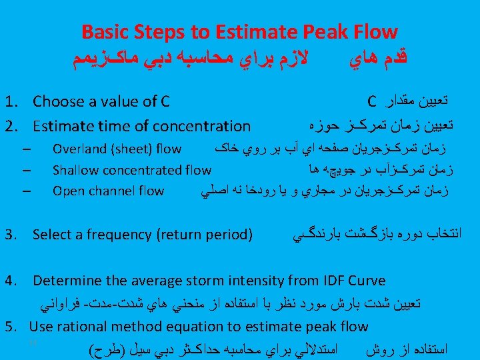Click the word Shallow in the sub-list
tap(75, 170)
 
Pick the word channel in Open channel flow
tap(107, 191)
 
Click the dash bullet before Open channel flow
tap(25, 191)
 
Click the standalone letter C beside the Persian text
tap(371, 102)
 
